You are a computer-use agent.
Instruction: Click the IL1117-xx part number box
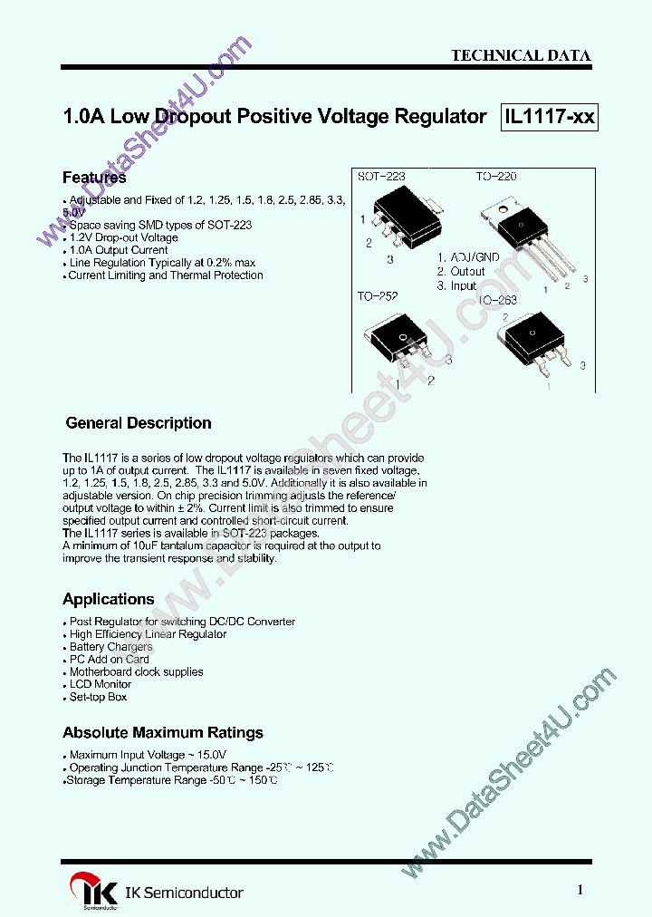click(x=550, y=117)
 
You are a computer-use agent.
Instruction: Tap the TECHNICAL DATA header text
click(x=521, y=55)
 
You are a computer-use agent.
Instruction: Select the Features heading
click(x=94, y=178)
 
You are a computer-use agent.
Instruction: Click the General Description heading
click(x=139, y=423)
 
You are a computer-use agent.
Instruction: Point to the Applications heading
click(x=109, y=599)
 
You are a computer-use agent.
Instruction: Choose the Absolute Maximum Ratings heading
click(x=163, y=732)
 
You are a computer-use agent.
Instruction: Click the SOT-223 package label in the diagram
click(x=381, y=177)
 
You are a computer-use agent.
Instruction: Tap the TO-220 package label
click(x=496, y=177)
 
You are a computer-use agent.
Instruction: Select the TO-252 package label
click(x=377, y=296)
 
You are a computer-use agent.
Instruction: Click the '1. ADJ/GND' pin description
click(x=467, y=257)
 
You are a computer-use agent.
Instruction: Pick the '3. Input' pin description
click(x=456, y=285)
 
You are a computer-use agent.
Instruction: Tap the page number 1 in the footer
click(x=580, y=890)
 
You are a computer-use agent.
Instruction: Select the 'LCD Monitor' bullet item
click(x=101, y=684)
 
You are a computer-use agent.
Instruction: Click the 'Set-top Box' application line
click(x=99, y=697)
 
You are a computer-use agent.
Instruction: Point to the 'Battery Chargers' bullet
click(x=110, y=647)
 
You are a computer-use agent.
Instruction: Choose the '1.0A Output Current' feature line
click(x=119, y=250)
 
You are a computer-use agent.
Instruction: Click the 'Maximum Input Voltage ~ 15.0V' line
click(x=148, y=755)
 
